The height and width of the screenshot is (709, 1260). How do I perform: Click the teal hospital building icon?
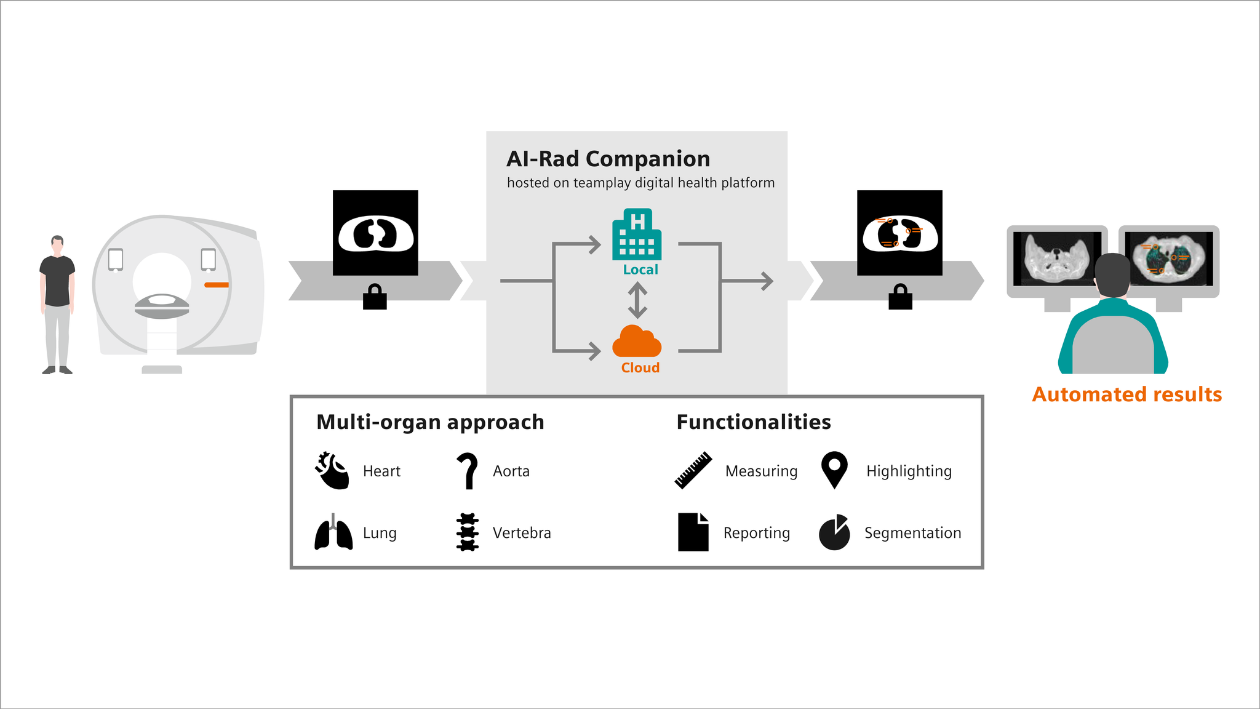coord(637,236)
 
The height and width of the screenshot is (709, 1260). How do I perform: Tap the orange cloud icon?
coord(637,342)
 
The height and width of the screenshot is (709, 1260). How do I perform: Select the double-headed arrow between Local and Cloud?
coord(637,300)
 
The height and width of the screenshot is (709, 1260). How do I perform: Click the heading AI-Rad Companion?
coord(608,159)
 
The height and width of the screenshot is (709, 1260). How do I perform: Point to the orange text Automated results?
coord(1126,395)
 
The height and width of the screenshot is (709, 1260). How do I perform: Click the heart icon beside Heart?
coord(332,471)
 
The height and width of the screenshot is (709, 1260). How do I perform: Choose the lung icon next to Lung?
coord(333,533)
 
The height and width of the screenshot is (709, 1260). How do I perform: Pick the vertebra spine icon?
coord(468,532)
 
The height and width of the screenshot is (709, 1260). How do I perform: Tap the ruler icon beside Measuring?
coord(693,471)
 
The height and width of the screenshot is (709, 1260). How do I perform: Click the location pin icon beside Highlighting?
coord(834,469)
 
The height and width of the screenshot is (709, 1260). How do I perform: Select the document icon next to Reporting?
coord(693,532)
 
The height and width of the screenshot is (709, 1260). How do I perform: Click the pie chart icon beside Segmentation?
coord(834,533)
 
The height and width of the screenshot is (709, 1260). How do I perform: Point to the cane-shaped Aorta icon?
coord(468,471)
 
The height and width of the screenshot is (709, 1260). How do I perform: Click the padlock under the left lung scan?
coord(375,298)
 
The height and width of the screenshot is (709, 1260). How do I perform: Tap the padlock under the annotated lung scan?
coord(900,298)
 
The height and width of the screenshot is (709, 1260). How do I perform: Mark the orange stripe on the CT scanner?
coord(217,285)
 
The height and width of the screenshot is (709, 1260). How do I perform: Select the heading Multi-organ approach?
coord(430,422)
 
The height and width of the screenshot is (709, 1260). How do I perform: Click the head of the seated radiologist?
coord(1112,274)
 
